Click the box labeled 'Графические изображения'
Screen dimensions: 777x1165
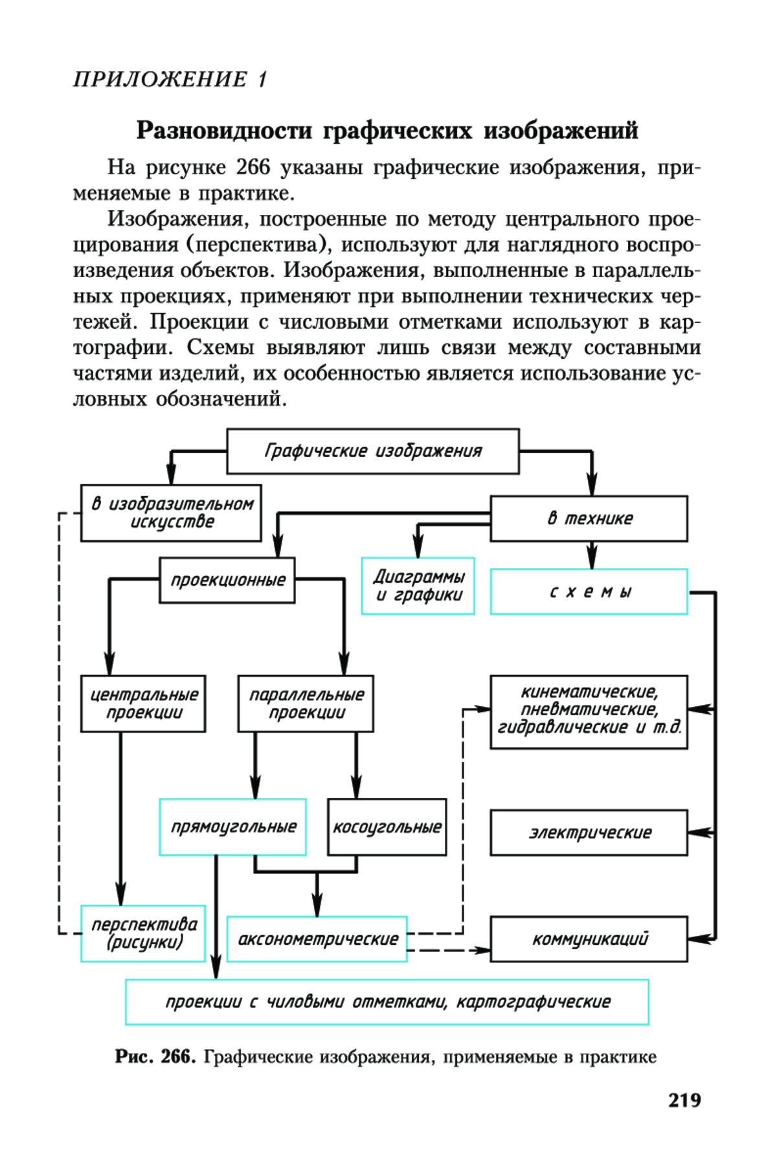coord(372,451)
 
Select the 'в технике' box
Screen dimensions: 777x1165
coord(589,518)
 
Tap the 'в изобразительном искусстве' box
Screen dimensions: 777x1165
coord(171,513)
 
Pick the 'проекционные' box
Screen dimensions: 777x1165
coord(227,581)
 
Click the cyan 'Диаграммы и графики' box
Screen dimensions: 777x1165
coord(418,586)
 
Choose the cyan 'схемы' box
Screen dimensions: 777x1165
coord(589,592)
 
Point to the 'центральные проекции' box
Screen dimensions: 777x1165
coord(143,704)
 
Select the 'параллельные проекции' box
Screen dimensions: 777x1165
coord(306,704)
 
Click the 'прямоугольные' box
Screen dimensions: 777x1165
coord(232,827)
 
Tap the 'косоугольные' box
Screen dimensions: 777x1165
coord(387,827)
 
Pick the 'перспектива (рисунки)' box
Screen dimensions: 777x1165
coord(143,933)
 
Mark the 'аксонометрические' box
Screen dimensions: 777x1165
coord(317,939)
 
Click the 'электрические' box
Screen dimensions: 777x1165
coord(589,833)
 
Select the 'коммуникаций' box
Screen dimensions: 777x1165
coord(589,939)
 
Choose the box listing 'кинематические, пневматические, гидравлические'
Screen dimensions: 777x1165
coord(589,712)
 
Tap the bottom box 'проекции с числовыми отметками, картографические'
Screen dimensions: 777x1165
coord(387,1002)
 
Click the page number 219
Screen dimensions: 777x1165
coord(684,1100)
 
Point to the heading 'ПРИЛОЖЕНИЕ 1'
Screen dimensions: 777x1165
coord(170,80)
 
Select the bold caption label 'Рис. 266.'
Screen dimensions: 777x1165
coord(155,1057)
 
